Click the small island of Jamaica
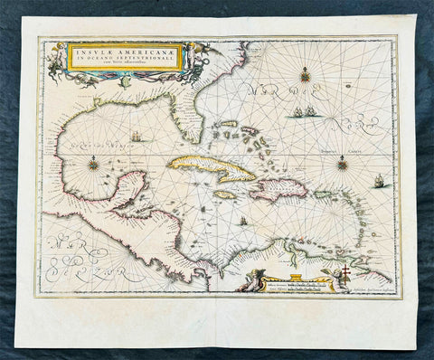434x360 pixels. coord(226,194)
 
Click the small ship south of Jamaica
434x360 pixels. coord(242,221)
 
